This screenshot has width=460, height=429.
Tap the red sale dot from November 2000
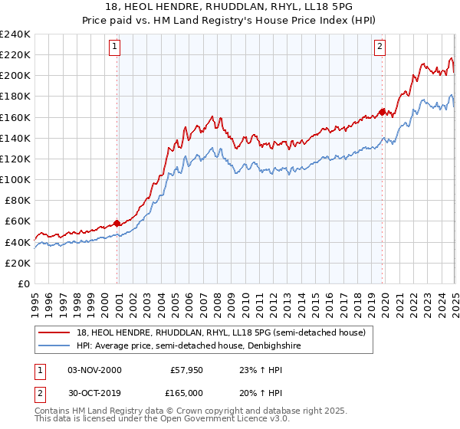pos(117,223)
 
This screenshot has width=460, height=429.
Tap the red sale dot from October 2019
pos(383,112)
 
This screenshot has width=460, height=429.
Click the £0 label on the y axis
pos(24,283)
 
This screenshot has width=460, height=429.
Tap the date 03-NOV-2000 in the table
pos(95,370)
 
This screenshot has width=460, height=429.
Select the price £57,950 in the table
pos(187,370)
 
